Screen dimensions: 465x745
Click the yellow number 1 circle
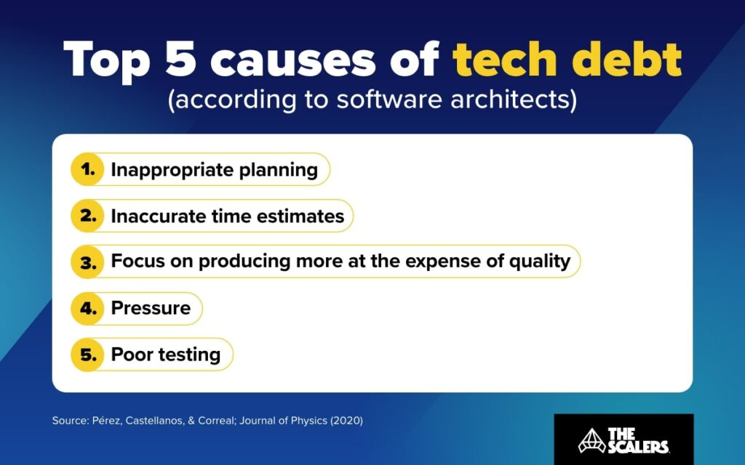(x=88, y=170)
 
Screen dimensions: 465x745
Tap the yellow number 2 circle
(x=88, y=216)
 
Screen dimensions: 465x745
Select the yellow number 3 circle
(x=88, y=262)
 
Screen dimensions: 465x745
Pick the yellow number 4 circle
(x=88, y=308)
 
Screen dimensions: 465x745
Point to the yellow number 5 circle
(x=88, y=355)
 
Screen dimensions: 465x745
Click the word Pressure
(x=151, y=308)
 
